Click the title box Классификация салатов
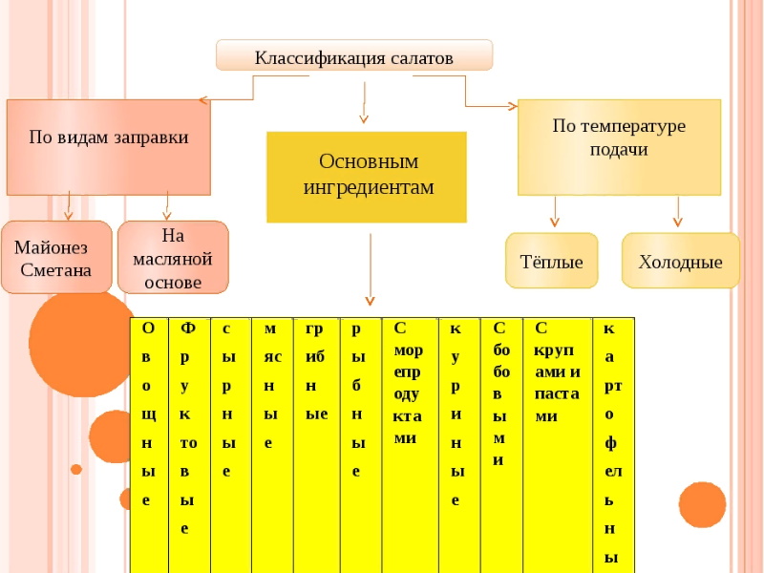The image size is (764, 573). coord(354,55)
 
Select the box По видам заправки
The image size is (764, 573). coord(109,147)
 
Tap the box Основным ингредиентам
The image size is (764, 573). coord(367,177)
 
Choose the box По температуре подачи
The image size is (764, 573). coord(619,147)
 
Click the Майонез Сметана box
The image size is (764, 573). coord(56,257)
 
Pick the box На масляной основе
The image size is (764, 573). coord(173,257)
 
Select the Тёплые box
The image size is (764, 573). coord(552,260)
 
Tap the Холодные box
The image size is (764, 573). coord(681,260)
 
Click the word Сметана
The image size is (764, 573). coord(56,270)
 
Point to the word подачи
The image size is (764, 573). coord(619,150)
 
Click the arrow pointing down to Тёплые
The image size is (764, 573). coord(555,211)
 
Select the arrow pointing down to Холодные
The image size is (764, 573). coord(678,211)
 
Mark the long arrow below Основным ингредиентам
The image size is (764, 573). coord(370,269)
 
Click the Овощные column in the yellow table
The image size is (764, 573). coord(149,445)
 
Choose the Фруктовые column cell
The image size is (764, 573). coord(189,445)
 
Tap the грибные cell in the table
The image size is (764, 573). coord(317,445)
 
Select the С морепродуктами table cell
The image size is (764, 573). coord(411,445)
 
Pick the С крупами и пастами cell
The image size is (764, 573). coord(558,445)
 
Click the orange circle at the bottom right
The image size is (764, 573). coord(702,505)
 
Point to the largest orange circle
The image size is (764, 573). coord(81,344)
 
